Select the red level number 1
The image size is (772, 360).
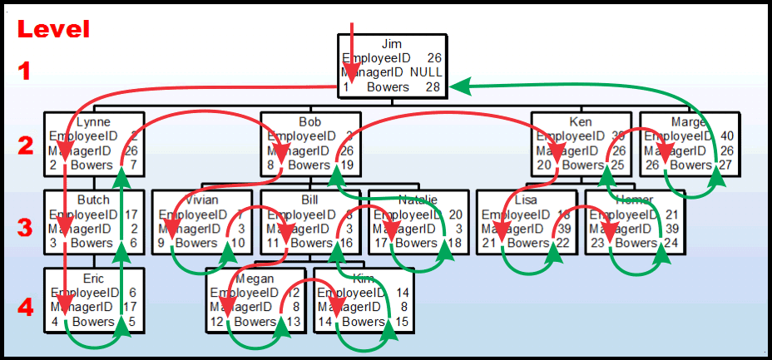coord(25,72)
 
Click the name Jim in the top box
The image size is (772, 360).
coord(391,44)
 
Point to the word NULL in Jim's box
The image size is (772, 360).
coord(425,72)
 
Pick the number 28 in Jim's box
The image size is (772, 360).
coord(433,86)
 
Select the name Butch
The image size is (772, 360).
coord(92,200)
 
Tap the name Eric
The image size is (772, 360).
coord(92,279)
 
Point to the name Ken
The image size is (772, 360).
coord(581,121)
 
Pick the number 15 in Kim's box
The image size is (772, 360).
coord(401,322)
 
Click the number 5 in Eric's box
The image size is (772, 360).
coord(130,322)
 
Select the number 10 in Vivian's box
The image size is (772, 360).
coord(238,243)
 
